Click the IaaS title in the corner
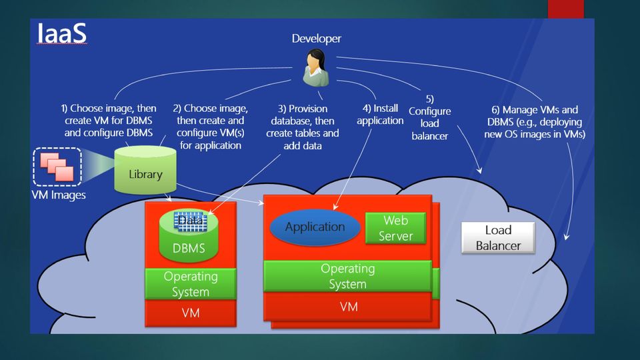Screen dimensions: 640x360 pos(61,33)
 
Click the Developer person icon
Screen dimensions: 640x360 pos(316,67)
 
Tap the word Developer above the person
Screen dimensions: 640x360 pos(316,39)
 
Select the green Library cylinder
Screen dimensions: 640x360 pos(145,170)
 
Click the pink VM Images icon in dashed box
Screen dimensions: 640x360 pos(57,167)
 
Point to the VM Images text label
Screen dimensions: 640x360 pos(59,195)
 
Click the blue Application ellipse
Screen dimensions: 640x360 pos(315,227)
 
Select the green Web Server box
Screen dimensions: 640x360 pos(395,228)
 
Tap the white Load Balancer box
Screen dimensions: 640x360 pos(498,237)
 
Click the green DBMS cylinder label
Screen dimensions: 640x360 pos(189,248)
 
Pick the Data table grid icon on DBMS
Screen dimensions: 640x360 pos(190,221)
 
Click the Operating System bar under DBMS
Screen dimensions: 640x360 pos(191,284)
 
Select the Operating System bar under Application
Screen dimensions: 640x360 pos(348,276)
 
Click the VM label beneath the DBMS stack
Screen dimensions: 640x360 pos(191,313)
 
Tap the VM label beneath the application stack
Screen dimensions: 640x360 pos(349,307)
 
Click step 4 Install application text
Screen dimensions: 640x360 pos(380,114)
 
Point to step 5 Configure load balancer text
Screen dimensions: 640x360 pos(430,117)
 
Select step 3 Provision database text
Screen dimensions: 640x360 pos(303,127)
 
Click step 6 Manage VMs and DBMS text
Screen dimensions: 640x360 pos(535,121)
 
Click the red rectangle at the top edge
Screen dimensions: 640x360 pos(566,9)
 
